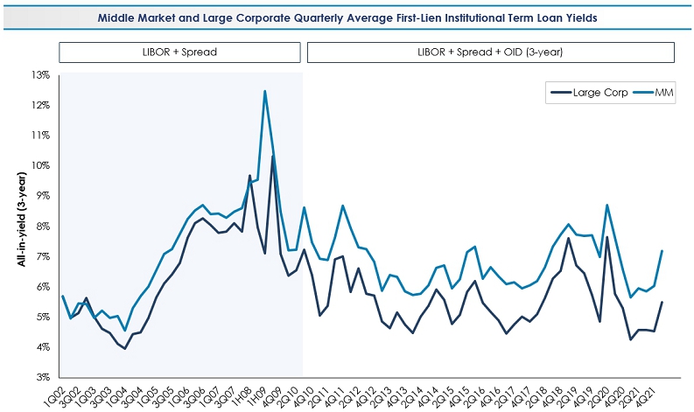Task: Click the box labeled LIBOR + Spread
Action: [179, 52]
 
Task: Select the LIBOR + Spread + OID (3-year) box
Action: [490, 52]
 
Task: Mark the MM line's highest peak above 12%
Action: [264, 91]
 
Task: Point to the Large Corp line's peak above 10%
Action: [272, 157]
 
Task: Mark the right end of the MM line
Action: [662, 251]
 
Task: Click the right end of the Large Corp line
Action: [662, 303]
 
